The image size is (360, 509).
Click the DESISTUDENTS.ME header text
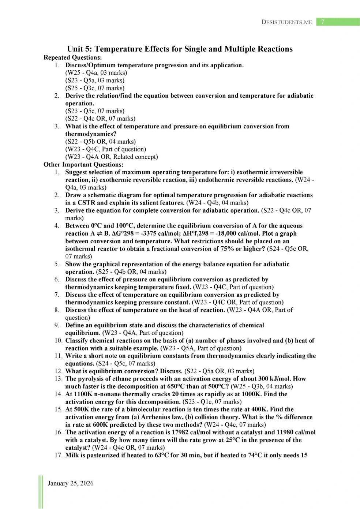click(286, 22)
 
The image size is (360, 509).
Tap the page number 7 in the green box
click(322, 22)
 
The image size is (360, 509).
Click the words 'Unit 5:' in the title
click(80, 49)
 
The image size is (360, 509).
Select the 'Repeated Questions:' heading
click(72, 57)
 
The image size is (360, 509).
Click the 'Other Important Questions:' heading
click(83, 164)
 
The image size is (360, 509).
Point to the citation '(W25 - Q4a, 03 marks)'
click(96, 72)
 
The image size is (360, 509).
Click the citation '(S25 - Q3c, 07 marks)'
click(95, 88)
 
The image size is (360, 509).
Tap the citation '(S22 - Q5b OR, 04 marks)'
click(100, 141)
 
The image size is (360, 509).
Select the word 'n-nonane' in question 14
click(106, 394)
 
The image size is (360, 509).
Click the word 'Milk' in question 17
click(72, 455)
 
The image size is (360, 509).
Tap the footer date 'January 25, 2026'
click(71, 483)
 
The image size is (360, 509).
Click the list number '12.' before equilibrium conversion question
click(59, 371)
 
